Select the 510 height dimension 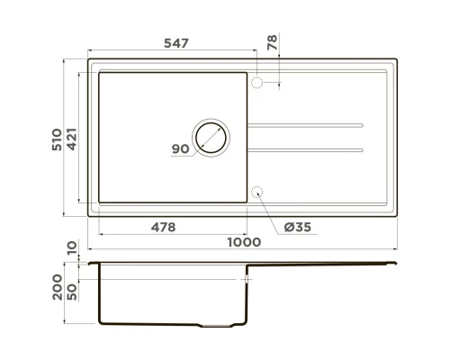(57, 139)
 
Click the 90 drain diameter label (180, 150)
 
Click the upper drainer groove (306, 123)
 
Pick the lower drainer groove (306, 148)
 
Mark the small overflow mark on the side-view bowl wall (246, 281)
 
